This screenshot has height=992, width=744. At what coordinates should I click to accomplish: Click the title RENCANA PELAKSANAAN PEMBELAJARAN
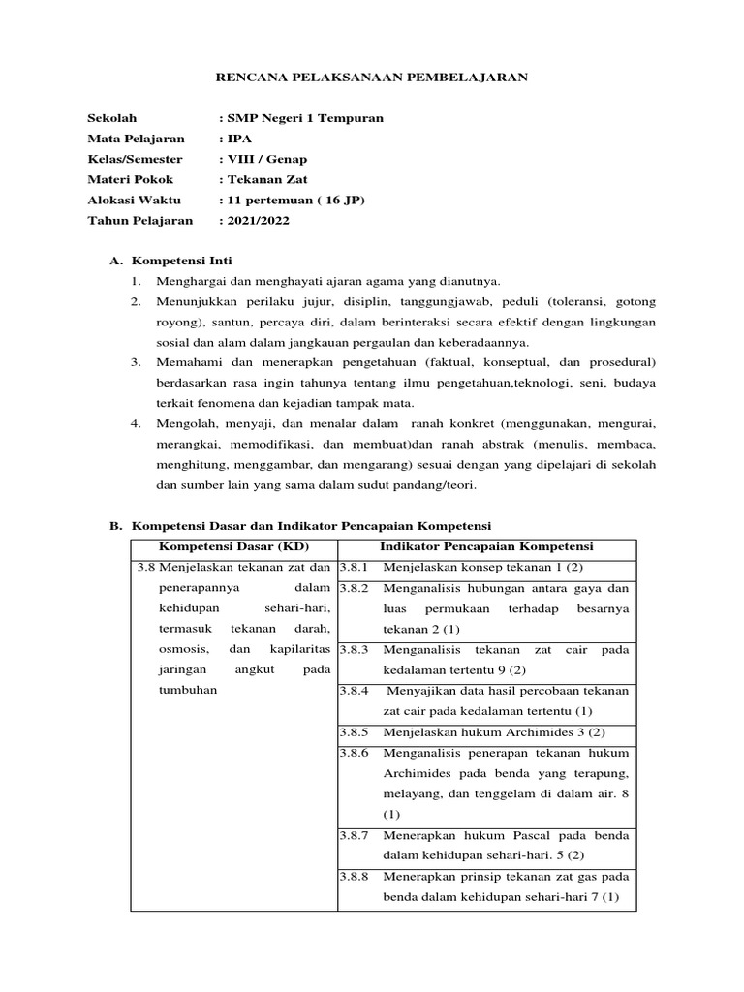click(371, 77)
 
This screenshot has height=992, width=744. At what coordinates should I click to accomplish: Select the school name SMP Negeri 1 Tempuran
click(304, 118)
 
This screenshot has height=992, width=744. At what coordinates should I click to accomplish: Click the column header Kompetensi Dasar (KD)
click(232, 547)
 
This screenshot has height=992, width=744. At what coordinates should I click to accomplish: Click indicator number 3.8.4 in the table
click(355, 690)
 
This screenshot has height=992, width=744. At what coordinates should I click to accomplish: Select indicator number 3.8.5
click(355, 731)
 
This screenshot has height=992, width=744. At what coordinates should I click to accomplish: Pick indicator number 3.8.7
click(355, 834)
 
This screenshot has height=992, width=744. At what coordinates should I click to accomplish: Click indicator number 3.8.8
click(355, 875)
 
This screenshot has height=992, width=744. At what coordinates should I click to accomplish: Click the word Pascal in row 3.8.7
click(504, 834)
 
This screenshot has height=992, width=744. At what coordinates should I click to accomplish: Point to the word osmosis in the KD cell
click(183, 649)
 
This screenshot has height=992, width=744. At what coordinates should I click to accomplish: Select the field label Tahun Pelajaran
click(140, 220)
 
